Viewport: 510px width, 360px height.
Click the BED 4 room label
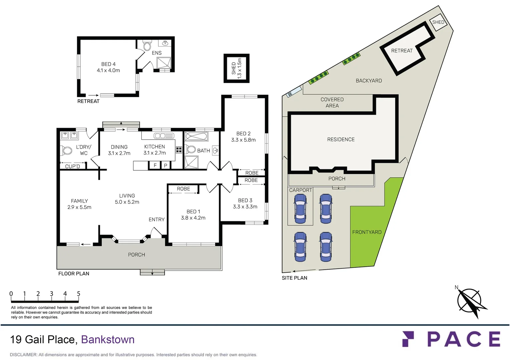pos(108,64)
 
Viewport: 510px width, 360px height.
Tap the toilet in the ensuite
pos(147,46)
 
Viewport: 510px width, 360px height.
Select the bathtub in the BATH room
pos(196,136)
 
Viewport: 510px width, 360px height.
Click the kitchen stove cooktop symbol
pos(179,150)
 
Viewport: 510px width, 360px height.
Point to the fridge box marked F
pos(155,165)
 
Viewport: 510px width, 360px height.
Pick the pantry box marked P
pos(165,165)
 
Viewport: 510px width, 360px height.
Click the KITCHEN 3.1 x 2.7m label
pos(154,150)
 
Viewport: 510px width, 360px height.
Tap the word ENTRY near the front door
pos(156,220)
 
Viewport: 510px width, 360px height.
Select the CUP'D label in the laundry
pos(72,166)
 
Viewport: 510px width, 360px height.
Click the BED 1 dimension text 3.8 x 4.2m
pos(193,218)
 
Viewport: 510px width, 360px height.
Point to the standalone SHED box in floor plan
pos(236,68)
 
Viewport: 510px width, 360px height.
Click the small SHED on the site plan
pos(438,22)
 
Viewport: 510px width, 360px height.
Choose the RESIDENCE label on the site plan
pos(341,140)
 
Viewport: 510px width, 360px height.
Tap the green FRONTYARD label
pos(367,232)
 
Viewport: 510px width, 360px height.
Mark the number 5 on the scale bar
pos(79,294)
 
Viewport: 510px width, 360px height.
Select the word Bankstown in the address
pos(108,340)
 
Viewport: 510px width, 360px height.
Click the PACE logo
pos(451,339)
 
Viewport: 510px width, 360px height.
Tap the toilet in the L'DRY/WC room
pos(67,151)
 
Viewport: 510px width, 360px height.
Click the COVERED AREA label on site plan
pos(332,103)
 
